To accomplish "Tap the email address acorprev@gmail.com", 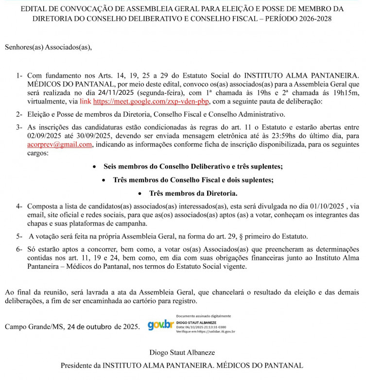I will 59,145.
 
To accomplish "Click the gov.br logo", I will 160,325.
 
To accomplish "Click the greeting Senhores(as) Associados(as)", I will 48,48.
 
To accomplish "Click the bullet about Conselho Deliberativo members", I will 193,166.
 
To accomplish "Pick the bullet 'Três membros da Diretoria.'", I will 193,193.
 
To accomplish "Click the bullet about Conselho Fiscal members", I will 193,180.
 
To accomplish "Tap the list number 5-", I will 18,236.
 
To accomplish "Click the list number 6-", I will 18,249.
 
